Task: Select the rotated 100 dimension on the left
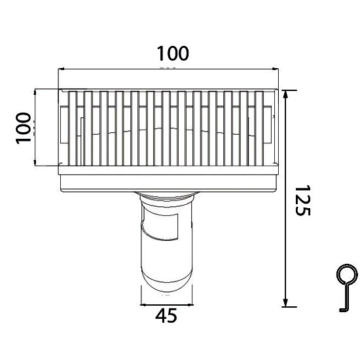coord(24,128)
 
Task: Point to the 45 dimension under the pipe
coord(167,316)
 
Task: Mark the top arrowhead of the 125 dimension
coord(285,93)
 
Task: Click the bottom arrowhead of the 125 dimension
coord(285,302)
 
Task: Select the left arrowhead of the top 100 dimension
coord(62,67)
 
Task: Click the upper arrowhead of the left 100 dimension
coord(33,92)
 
